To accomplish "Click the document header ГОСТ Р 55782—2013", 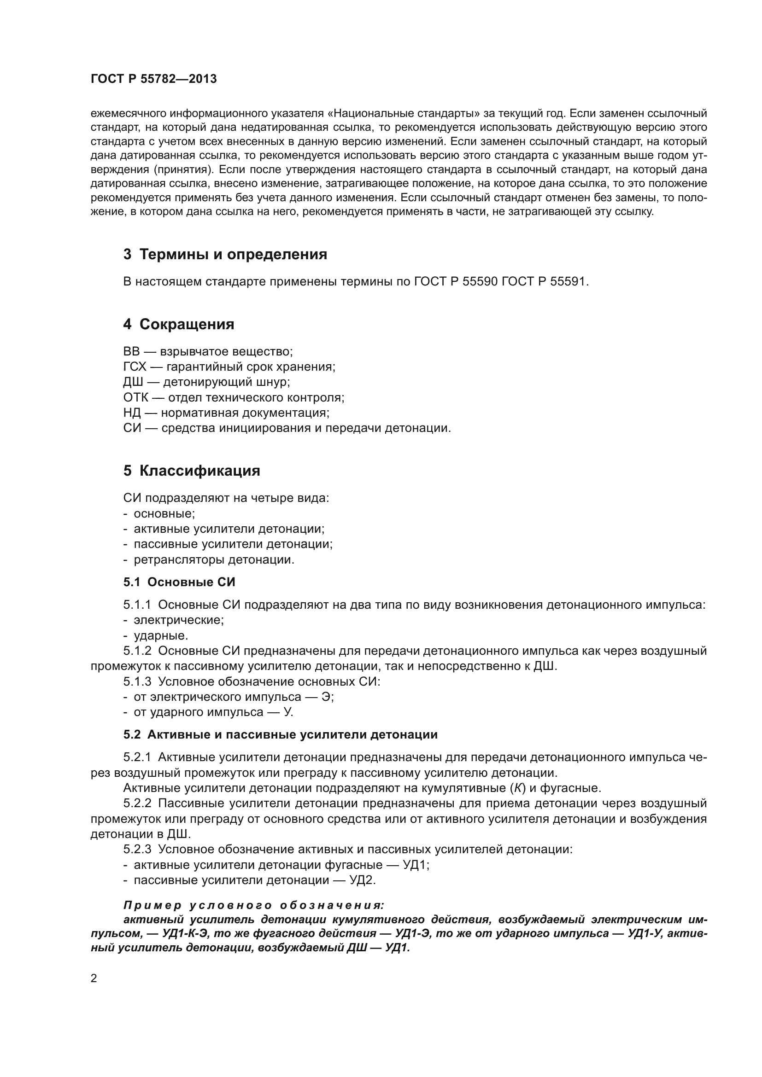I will coord(153,79).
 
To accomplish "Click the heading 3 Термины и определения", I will coord(225,254).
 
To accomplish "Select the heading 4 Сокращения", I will coord(179,324).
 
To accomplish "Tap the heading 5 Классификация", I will coord(192,471).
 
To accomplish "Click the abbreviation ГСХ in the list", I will coord(135,367).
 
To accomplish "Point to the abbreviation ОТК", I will coord(135,397).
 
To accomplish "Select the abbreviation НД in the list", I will coord(132,413).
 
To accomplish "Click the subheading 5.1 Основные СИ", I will coord(179,582).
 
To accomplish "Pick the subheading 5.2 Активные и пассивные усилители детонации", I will coord(280,734).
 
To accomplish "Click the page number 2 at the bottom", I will coord(94,978).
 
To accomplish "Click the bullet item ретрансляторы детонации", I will coord(214,559).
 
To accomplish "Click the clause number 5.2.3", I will coord(137,849).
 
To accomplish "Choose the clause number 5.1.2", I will coord(137,651).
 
